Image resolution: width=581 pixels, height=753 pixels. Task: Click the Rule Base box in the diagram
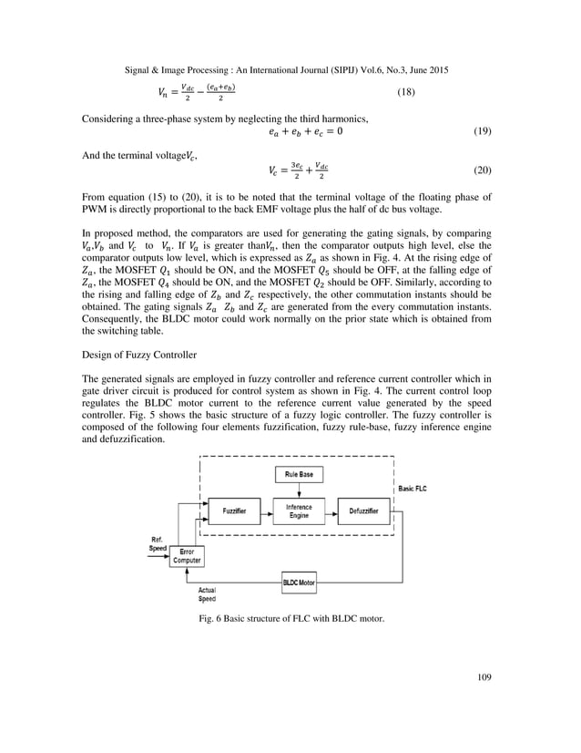click(298, 475)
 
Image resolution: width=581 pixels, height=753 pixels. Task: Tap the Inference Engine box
click(298, 511)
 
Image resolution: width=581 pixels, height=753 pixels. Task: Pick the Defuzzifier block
click(362, 511)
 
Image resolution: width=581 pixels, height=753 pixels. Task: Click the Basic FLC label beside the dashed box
click(419, 490)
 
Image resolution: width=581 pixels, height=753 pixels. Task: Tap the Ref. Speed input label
click(158, 544)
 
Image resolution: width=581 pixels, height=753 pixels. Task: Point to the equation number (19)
click(484, 132)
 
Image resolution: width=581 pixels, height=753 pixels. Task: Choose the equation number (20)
click(484, 170)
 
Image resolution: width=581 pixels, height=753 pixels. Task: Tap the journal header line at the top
click(290, 68)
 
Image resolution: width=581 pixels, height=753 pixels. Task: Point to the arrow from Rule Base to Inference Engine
click(298, 490)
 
